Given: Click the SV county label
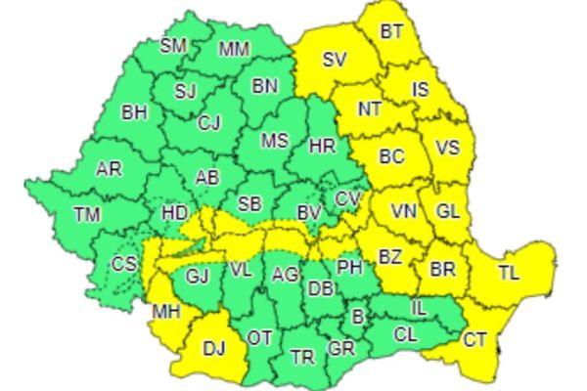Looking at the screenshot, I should tap(336, 61).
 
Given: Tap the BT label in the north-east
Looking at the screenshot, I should tap(391, 32).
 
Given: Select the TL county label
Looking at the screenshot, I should tap(509, 273).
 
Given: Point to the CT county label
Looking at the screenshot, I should tap(474, 340).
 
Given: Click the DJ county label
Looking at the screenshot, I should tap(213, 346).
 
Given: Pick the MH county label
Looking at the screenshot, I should tap(164, 314).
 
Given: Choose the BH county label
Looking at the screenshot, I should tap(134, 112).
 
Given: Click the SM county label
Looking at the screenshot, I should tap(174, 45).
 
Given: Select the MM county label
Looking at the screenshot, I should tap(234, 49).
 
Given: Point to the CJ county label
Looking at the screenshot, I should tap(208, 123).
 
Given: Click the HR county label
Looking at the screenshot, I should tap(322, 146).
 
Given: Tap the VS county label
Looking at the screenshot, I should tap(447, 149).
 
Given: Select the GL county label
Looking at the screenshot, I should tap(447, 211).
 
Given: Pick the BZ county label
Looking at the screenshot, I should tap(390, 258).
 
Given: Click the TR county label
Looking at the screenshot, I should tap(303, 357).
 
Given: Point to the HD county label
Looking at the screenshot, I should tap(175, 212).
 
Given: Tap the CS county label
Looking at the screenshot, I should tap(124, 264).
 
